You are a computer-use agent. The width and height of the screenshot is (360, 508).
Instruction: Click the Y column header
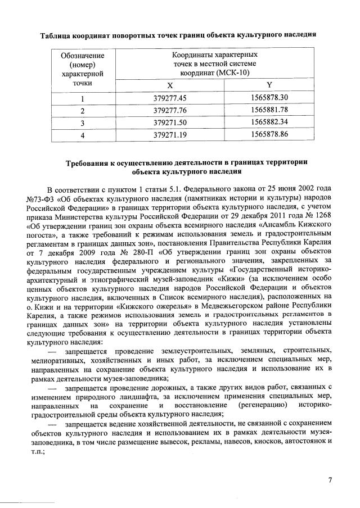click(x=269, y=85)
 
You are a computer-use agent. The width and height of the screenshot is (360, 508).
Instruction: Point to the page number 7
click(x=330, y=479)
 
